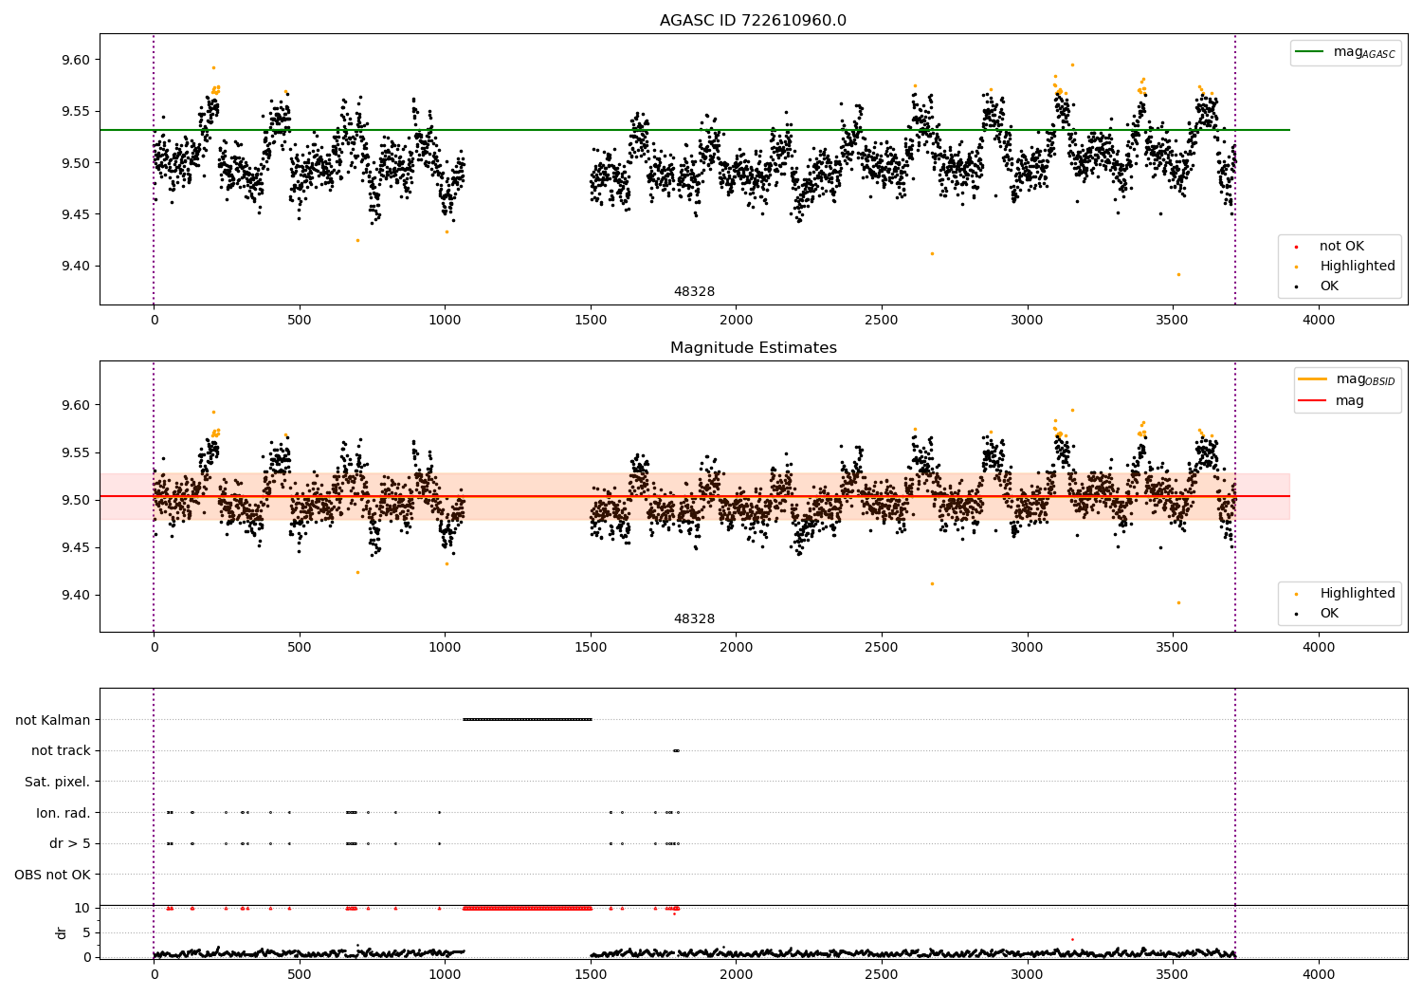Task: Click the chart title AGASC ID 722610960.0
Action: coord(753,21)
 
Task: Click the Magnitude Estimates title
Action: coord(753,348)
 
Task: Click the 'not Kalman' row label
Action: coord(53,720)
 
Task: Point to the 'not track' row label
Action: coord(61,750)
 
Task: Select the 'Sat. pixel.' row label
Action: coord(57,782)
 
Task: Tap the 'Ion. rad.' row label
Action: coord(63,813)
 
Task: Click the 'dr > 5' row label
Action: coord(69,843)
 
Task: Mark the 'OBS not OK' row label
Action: coord(52,875)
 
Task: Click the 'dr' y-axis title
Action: coord(62,932)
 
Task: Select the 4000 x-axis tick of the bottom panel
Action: coord(1318,974)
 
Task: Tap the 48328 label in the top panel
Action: coord(694,292)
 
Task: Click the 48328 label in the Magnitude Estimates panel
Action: coord(694,619)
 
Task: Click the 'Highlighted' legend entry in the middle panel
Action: coord(1357,594)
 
